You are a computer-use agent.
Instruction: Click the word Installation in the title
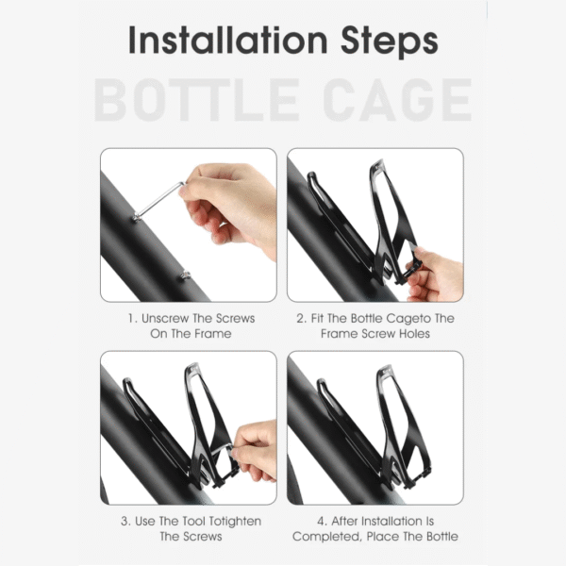pyautogui.click(x=227, y=40)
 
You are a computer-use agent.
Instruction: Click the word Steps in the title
pyautogui.click(x=390, y=42)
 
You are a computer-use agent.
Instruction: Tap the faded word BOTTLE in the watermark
pyautogui.click(x=197, y=100)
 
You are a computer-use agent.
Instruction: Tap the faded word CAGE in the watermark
pyautogui.click(x=397, y=100)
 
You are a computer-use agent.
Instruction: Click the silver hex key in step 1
pyautogui.click(x=158, y=202)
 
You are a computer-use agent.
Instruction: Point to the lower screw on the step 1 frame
pyautogui.click(x=185, y=275)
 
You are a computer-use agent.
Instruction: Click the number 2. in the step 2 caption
pyautogui.click(x=302, y=319)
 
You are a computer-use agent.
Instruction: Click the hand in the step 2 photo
pyautogui.click(x=435, y=275)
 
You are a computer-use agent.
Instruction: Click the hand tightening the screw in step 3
pyautogui.click(x=255, y=449)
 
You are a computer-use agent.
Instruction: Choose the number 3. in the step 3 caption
pyautogui.click(x=125, y=522)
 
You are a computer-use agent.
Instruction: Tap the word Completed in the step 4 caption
pyautogui.click(x=326, y=537)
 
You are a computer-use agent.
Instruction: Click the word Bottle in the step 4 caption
pyautogui.click(x=442, y=537)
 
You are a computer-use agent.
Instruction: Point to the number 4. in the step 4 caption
pyautogui.click(x=323, y=522)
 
